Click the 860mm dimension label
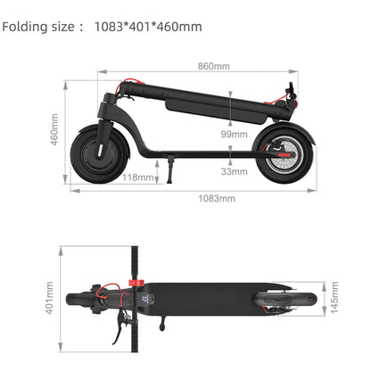[213, 66]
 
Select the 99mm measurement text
[234, 134]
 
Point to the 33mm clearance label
[234, 171]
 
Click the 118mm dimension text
[137, 177]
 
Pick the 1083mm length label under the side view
[217, 198]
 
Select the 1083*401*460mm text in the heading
[148, 27]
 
